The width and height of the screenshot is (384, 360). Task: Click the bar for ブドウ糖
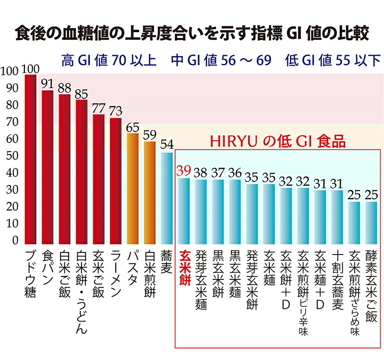pyautogui.click(x=30, y=161)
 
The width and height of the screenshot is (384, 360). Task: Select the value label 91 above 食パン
pyautogui.click(x=47, y=84)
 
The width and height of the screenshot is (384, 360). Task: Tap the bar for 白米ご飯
pyautogui.click(x=64, y=170)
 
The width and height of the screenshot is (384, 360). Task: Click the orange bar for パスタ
pyautogui.click(x=132, y=190)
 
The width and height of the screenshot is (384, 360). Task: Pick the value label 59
pyautogui.click(x=150, y=134)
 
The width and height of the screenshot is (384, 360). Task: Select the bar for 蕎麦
pyautogui.click(x=167, y=199)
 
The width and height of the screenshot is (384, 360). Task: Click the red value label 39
pyautogui.click(x=184, y=171)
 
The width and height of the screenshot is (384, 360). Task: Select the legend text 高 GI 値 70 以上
pyautogui.click(x=108, y=61)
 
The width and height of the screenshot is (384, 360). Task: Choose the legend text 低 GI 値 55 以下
pyautogui.click(x=332, y=61)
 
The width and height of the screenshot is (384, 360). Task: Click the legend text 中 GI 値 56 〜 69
pyautogui.click(x=221, y=61)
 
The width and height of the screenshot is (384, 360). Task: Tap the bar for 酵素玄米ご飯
pyautogui.click(x=371, y=224)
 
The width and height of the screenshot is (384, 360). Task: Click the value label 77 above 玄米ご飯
pyautogui.click(x=98, y=107)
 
